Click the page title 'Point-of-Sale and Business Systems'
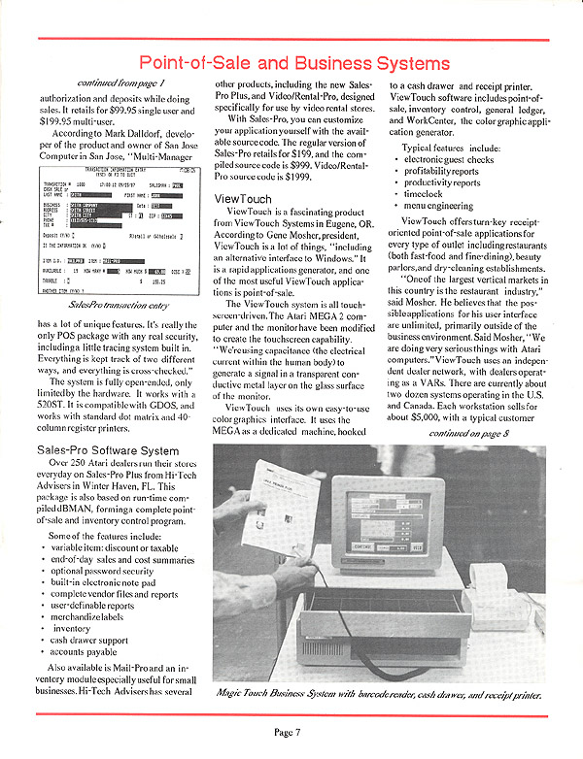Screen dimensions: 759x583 [291, 63]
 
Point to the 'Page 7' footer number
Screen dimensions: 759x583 [291, 731]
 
